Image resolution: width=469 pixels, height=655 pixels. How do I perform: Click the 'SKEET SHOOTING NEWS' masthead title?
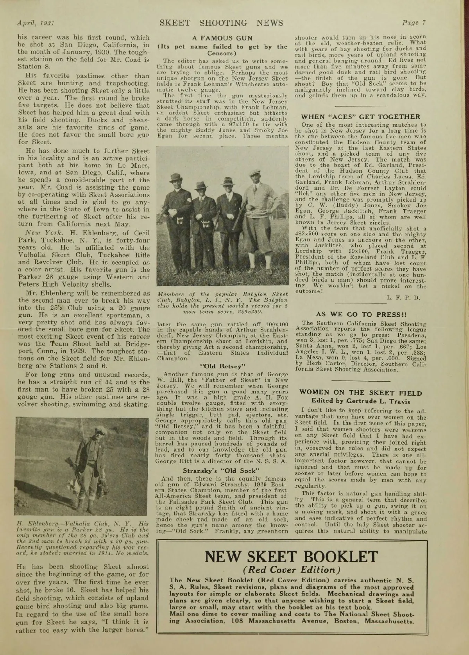(x=221, y=23)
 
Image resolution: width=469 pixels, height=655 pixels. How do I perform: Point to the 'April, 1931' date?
(x=35, y=23)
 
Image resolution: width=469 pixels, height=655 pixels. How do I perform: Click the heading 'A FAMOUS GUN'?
(x=222, y=38)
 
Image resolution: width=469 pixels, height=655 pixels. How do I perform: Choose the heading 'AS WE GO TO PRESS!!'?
(x=358, y=314)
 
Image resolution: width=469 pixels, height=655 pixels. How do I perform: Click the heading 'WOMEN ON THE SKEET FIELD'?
(x=360, y=393)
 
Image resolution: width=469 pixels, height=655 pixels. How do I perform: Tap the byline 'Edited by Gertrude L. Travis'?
(x=360, y=401)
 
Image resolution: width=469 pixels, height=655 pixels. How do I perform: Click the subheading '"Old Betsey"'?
(x=222, y=366)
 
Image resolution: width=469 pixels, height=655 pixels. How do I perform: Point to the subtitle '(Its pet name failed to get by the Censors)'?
(x=222, y=50)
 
